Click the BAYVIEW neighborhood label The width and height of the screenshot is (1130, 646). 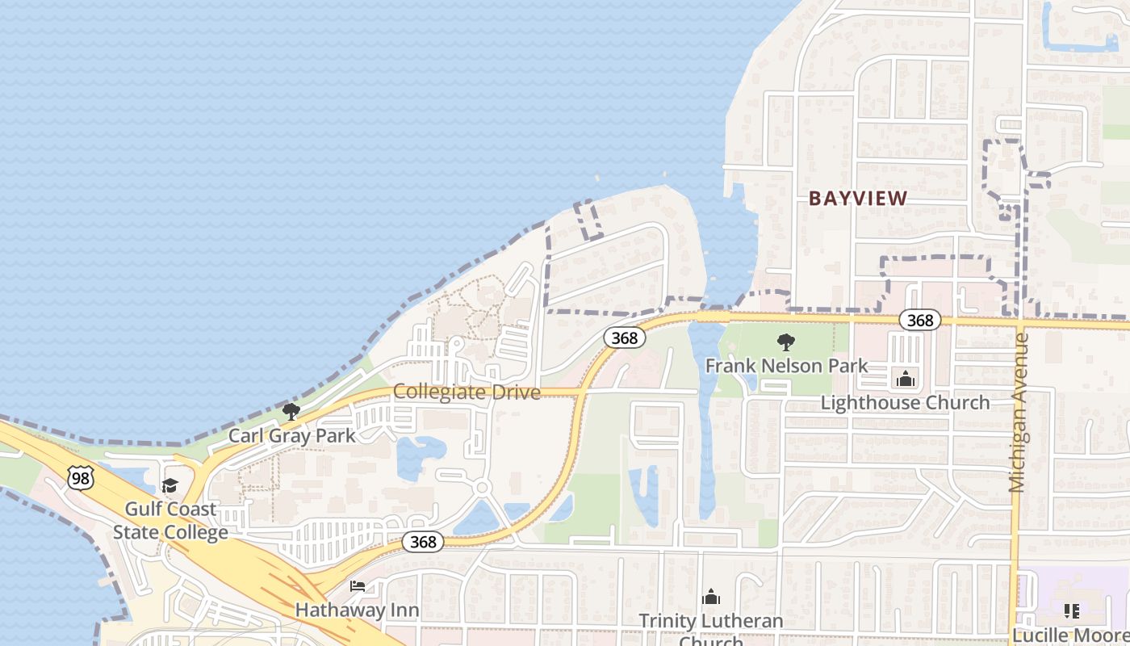click(x=858, y=198)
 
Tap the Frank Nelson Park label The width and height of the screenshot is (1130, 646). click(x=786, y=366)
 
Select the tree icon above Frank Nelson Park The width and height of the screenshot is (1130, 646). click(x=785, y=342)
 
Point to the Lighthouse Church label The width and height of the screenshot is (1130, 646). click(x=905, y=402)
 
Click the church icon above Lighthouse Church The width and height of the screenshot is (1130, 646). click(x=906, y=378)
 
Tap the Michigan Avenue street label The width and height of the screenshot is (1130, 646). click(x=1019, y=412)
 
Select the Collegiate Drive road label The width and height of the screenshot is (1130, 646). click(x=467, y=392)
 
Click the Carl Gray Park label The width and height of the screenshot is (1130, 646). click(x=291, y=435)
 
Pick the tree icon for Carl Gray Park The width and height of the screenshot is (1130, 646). click(x=291, y=412)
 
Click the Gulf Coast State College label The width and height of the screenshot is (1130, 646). click(x=170, y=521)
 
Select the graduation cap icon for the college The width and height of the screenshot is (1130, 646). click(x=169, y=485)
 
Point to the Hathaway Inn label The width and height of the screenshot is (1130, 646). click(x=357, y=609)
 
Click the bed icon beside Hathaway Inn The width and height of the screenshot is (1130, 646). click(x=358, y=585)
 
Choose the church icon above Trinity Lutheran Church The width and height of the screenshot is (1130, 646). click(x=711, y=597)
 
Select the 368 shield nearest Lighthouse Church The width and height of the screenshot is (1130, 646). click(x=919, y=321)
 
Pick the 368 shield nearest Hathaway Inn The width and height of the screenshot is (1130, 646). click(x=423, y=542)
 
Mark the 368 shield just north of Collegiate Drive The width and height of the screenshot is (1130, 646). click(x=624, y=338)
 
